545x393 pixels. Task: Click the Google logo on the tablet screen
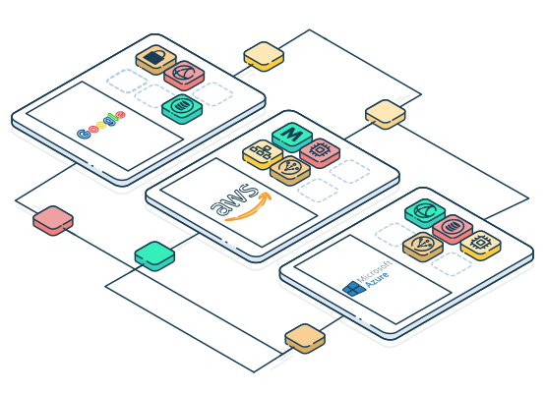coord(100,125)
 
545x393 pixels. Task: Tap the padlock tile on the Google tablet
coord(155,59)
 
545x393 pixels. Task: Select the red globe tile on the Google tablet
coord(184,76)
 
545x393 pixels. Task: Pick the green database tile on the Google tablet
coord(182,109)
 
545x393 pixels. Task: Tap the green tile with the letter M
coord(292,137)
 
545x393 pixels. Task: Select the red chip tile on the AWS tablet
coord(320,152)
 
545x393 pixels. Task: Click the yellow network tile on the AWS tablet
coord(263,154)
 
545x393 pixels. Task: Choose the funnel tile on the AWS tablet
coord(290,170)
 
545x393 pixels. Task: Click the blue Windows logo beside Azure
coord(354,289)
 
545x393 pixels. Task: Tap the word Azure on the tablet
coord(377,280)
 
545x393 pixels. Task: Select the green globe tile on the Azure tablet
coord(425,213)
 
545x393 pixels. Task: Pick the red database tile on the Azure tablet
coord(453,229)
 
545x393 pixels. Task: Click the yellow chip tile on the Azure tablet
coord(481,245)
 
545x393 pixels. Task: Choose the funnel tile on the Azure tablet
coord(423,247)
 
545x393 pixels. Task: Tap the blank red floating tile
coord(53,220)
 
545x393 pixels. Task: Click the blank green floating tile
coord(154,255)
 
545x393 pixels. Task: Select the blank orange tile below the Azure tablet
coord(305,339)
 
